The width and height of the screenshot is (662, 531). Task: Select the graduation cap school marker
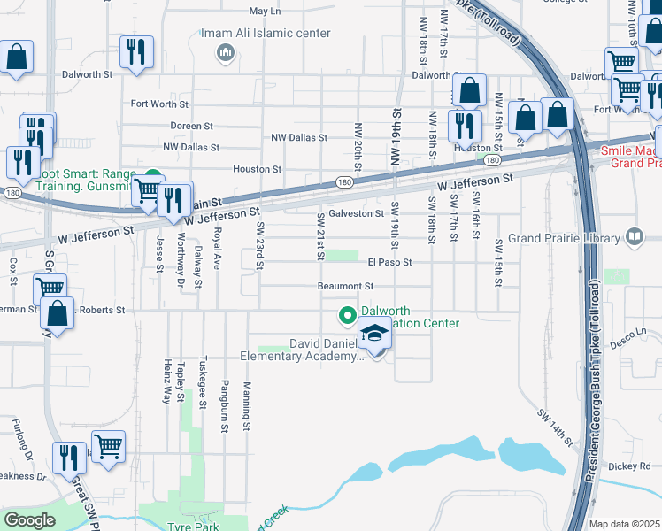374,335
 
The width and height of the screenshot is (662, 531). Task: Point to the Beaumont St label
347,287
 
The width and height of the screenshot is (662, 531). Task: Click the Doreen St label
192,127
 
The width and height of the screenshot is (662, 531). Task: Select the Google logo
29,520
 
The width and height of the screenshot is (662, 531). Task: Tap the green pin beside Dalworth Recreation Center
347,314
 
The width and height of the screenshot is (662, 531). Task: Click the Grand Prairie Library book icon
635,236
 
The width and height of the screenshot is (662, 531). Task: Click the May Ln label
265,12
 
